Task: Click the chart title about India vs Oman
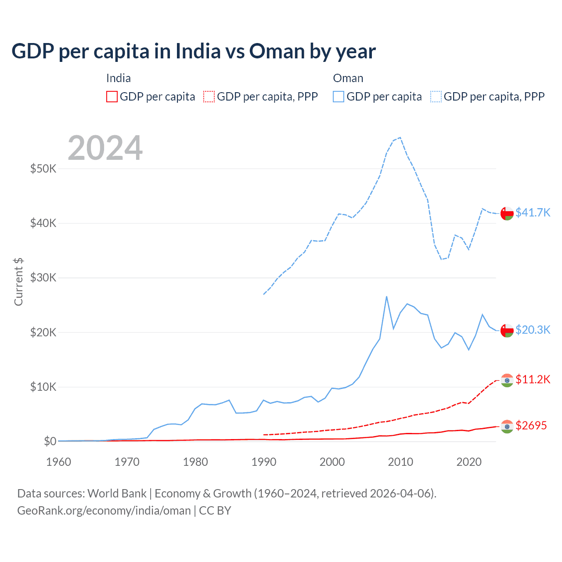[194, 51]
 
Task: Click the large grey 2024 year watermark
[105, 148]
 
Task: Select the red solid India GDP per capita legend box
[112, 97]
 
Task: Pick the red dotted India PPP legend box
[209, 97]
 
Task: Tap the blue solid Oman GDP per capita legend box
[339, 97]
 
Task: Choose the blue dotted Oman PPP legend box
[436, 97]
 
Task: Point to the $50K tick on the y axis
[43, 169]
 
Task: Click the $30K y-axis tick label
[43, 277]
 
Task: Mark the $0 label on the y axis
[50, 441]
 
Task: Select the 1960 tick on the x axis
[59, 462]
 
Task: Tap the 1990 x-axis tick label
[264, 462]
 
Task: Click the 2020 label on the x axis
[469, 462]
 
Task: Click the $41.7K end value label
[533, 213]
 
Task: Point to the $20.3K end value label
[533, 330]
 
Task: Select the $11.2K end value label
[533, 379]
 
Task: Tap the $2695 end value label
[531, 425]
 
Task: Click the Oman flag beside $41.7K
[507, 213]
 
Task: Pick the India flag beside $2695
[507, 426]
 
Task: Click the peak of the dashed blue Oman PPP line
[400, 137]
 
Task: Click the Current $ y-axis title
[18, 282]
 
